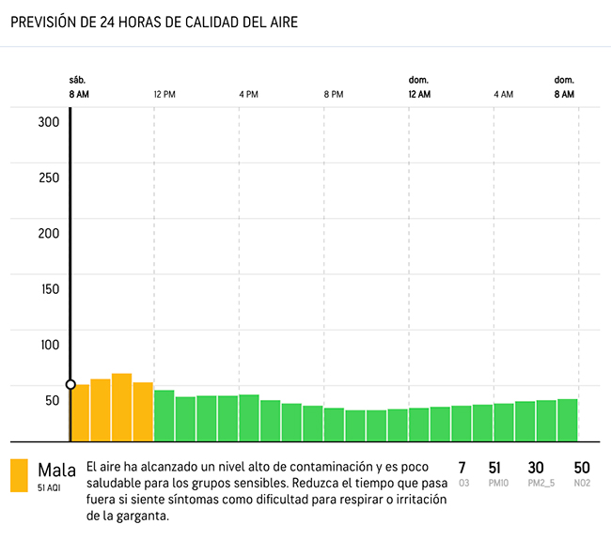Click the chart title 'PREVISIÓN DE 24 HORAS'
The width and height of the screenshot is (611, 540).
[x=154, y=23]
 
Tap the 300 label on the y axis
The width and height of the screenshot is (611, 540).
[x=49, y=122]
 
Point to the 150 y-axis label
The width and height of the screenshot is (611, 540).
[x=49, y=289]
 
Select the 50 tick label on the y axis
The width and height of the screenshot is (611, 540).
[x=52, y=400]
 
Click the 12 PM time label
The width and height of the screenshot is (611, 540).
[x=164, y=95]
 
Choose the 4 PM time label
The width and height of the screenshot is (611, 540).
[x=248, y=95]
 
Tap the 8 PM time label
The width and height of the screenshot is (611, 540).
[x=334, y=95]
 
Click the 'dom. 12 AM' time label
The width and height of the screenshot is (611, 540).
[x=419, y=87]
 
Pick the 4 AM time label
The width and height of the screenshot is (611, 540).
[x=504, y=95]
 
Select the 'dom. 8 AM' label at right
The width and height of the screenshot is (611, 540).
[x=563, y=87]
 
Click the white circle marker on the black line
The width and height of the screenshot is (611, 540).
[x=70, y=384]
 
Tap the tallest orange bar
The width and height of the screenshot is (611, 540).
[x=121, y=408]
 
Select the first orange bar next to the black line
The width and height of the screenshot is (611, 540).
[x=81, y=412]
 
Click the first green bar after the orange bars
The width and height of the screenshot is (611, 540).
[x=164, y=415]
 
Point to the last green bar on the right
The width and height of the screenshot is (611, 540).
[x=567, y=420]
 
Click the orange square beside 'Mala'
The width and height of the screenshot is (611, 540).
[x=20, y=475]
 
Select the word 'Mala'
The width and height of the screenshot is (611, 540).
[x=56, y=469]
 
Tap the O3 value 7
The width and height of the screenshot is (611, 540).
[x=462, y=468]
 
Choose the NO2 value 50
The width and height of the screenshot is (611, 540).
[x=581, y=468]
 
